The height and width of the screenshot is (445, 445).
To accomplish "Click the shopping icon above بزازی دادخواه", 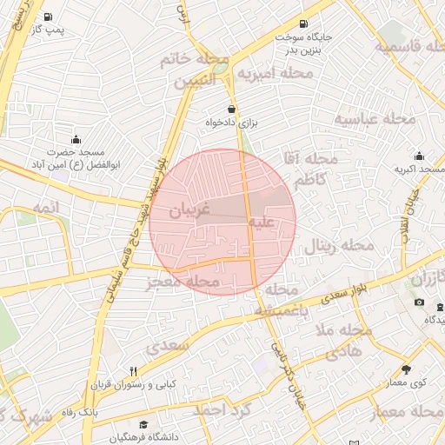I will click(x=231, y=109).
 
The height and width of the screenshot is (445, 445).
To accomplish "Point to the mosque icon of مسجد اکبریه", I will click(x=419, y=156).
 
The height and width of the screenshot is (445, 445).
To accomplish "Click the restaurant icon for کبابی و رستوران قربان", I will click(x=133, y=371).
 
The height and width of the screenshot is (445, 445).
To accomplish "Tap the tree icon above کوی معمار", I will click(x=406, y=369).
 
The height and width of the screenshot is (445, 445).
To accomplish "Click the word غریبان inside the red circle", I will click(x=190, y=210).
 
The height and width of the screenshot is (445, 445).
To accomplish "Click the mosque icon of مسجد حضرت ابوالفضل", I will click(x=76, y=138).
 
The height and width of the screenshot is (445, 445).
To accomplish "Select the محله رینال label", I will click(x=337, y=247).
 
